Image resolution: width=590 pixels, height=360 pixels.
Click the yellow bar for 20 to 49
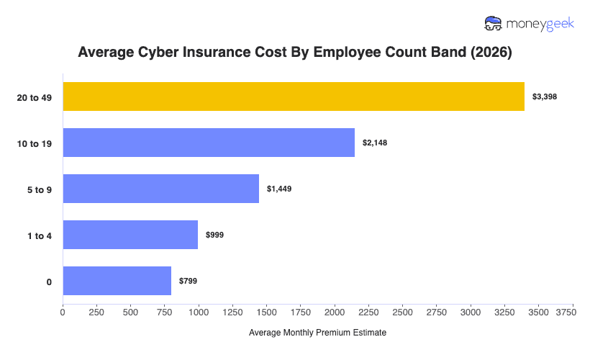[x=294, y=96]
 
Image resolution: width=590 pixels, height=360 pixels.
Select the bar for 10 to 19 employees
[x=209, y=143]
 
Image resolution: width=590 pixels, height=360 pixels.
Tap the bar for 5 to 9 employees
[x=160, y=189]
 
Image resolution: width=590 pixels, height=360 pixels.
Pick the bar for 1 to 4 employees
[x=130, y=235]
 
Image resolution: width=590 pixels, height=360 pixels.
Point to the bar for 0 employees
[x=117, y=281]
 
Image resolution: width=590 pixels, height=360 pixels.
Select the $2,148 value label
[x=374, y=143]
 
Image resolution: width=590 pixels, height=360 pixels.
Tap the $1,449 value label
[x=279, y=189]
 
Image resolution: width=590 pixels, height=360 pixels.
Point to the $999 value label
[x=215, y=235]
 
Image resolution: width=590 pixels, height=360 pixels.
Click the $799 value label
[x=188, y=281]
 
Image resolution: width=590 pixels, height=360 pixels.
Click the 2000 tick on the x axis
[x=335, y=312]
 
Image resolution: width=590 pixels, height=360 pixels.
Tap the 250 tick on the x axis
[x=96, y=312]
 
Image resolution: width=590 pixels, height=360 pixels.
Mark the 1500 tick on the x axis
[x=267, y=312]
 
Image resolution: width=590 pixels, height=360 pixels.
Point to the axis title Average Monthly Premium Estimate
[x=317, y=333]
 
